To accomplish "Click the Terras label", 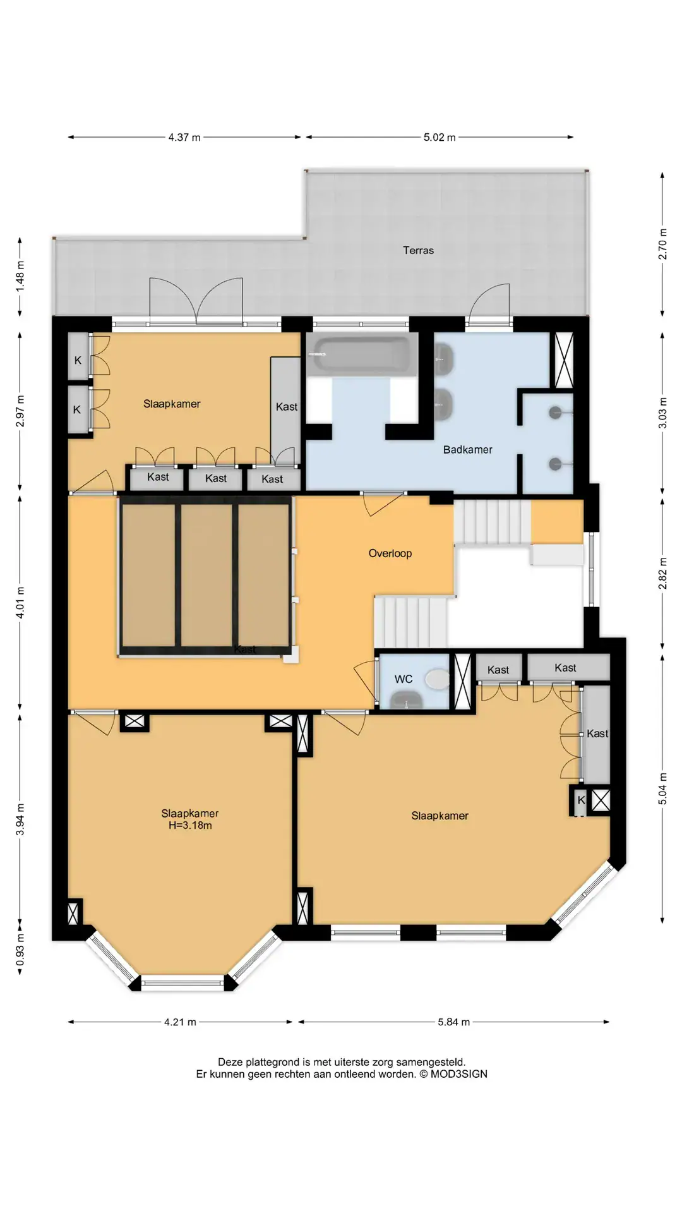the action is click(418, 250).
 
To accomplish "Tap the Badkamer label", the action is click(467, 450).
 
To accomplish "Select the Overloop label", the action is click(390, 553).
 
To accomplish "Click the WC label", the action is click(404, 679).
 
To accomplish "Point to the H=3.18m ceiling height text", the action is click(190, 825).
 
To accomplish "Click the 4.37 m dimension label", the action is click(184, 137).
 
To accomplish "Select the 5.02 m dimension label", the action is click(440, 137).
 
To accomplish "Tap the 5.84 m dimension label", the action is click(454, 1022).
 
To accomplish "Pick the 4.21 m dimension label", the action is click(180, 1022).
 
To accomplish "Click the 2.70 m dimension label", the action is click(662, 244).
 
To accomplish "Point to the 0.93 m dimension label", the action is click(20, 950).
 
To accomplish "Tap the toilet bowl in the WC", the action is click(437, 680).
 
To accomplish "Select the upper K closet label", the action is click(78, 360).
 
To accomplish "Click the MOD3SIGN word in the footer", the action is click(459, 1074).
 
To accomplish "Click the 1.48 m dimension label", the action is click(20, 276).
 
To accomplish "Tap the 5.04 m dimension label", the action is click(662, 788).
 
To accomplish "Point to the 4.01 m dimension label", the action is click(20, 603).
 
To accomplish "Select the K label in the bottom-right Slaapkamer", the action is click(582, 800).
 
